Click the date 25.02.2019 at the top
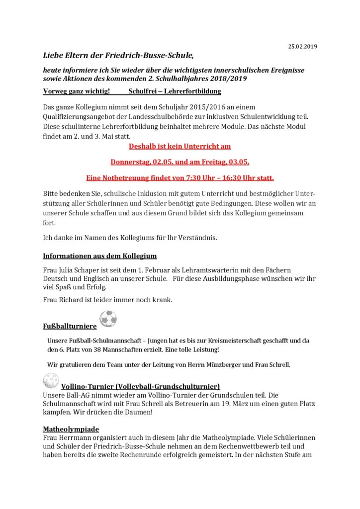point(302,46)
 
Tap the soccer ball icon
point(108,319)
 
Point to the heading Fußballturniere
point(70,327)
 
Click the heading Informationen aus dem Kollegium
point(99,256)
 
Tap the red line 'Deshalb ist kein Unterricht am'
point(180,147)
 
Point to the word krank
point(160,300)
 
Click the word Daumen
point(150,413)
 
